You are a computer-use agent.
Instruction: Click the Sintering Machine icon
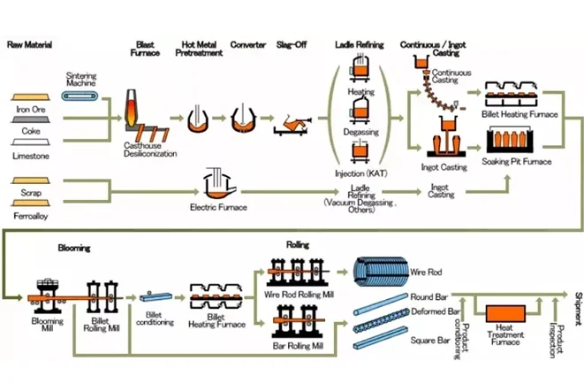point(82,94)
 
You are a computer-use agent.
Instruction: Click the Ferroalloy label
point(31,214)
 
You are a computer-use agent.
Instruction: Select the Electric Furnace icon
point(216,185)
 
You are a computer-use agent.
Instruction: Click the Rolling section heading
point(297,243)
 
